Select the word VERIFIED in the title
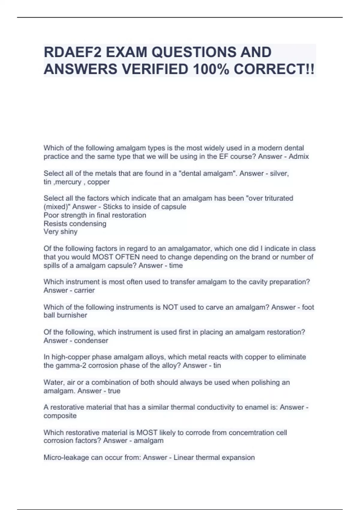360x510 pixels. tap(155, 69)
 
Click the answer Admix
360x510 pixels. tap(298, 156)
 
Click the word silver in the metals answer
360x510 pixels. tap(279, 173)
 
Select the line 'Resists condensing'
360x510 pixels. tap(75, 223)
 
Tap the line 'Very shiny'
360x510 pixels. tap(60, 232)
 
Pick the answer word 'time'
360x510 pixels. tap(176, 265)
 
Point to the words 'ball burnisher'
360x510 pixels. tap(65, 315)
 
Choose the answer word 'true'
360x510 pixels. tap(114, 391)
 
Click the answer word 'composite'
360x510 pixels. tap(60, 415)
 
